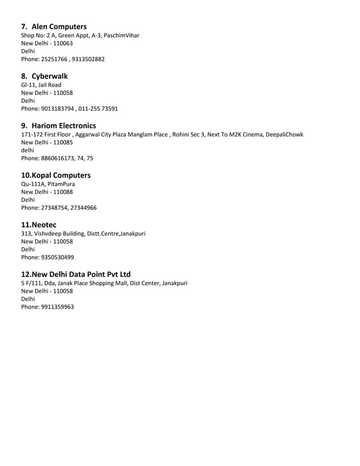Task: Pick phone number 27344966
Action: [83, 208]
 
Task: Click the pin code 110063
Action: [62, 43]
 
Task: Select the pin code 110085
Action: [62, 143]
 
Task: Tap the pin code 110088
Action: [62, 192]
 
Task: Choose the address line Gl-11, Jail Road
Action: [41, 85]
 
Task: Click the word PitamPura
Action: [61, 184]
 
